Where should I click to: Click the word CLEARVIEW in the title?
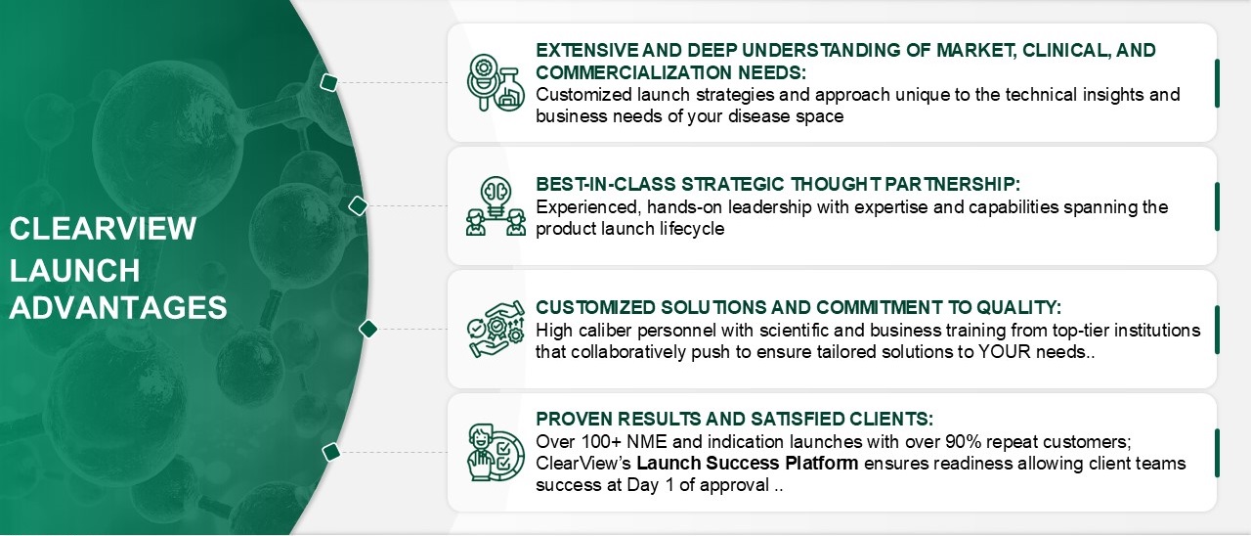point(103,229)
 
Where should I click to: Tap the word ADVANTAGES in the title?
point(118,307)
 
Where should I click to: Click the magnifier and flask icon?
point(496,83)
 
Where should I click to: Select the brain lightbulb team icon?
point(496,206)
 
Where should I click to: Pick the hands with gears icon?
point(496,330)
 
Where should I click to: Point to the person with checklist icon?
point(496,452)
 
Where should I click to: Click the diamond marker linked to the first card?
point(329,83)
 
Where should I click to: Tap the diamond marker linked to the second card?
point(358,205)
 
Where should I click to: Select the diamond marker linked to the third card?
point(368,330)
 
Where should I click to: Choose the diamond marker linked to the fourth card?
point(331,452)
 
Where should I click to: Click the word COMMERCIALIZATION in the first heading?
point(634,72)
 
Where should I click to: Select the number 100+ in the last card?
point(601,441)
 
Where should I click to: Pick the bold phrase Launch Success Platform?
point(748,464)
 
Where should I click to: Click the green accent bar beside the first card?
point(1217,83)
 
